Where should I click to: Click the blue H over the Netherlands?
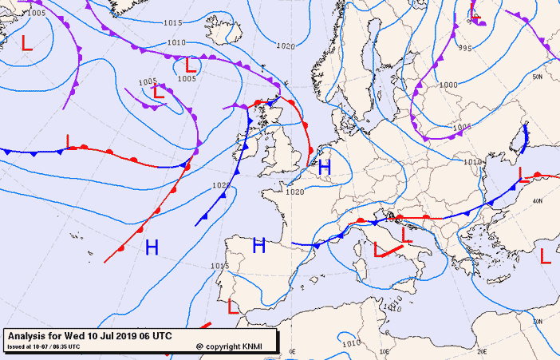(324, 168)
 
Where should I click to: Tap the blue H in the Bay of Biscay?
(258, 246)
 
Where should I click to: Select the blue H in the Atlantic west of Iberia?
(152, 247)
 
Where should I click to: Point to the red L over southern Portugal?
(233, 306)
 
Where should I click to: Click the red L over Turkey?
(546, 256)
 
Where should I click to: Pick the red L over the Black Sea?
(522, 174)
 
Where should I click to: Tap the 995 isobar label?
(465, 48)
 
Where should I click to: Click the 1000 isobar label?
(448, 85)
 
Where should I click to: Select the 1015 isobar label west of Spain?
(219, 266)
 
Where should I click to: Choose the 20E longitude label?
(481, 350)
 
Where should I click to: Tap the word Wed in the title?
(72, 335)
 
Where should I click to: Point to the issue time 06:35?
(68, 346)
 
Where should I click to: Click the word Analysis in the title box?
(28, 335)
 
